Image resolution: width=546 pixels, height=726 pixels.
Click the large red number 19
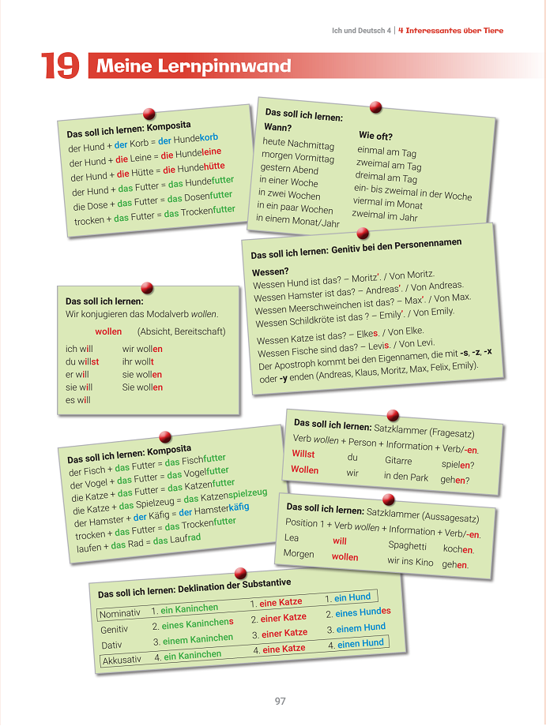click(x=60, y=66)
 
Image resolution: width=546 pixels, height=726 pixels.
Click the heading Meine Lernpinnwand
click(x=194, y=66)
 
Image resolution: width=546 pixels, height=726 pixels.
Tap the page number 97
click(x=280, y=701)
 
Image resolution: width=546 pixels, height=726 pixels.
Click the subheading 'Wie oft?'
click(x=375, y=136)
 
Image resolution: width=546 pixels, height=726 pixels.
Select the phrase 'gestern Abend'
click(x=289, y=169)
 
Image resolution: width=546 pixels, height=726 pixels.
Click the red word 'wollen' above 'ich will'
click(x=108, y=331)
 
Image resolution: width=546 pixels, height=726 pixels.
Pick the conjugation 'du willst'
click(x=82, y=361)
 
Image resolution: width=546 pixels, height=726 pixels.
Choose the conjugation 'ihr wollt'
click(x=138, y=361)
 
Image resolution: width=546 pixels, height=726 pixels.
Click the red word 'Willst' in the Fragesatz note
click(x=303, y=454)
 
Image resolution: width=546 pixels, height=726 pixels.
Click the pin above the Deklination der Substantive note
click(x=241, y=573)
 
